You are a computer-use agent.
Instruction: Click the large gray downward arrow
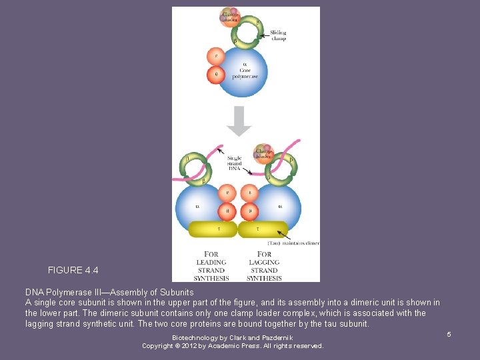[x=239, y=120]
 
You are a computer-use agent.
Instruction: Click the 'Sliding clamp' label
[x=278, y=35]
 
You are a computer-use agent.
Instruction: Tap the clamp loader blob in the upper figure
[x=230, y=17]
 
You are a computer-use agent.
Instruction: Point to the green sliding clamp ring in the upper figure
[x=246, y=33]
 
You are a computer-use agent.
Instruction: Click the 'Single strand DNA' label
[x=234, y=163]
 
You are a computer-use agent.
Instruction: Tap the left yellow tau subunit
[x=213, y=229]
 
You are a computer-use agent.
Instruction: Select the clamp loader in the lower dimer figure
[x=263, y=152]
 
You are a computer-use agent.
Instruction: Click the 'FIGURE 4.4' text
[x=73, y=271]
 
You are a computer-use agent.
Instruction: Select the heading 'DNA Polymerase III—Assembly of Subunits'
[x=109, y=293]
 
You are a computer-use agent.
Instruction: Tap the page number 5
[x=449, y=333]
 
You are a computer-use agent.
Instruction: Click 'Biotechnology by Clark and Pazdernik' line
[x=232, y=338]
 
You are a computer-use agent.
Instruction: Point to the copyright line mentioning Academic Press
[x=232, y=346]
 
